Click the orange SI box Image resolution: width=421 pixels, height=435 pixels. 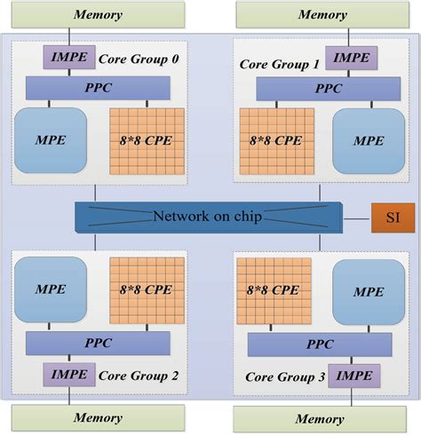(386, 217)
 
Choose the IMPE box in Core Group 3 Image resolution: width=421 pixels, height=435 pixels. (354, 376)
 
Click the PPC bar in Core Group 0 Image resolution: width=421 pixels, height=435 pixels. (98, 87)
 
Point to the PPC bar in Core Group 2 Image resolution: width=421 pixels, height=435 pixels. (98, 344)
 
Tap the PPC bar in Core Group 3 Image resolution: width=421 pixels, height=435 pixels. (320, 344)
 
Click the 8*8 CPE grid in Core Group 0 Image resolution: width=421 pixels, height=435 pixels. (147, 141)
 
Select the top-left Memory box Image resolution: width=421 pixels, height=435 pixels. (97, 14)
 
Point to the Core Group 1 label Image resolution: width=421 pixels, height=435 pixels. (279, 65)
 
